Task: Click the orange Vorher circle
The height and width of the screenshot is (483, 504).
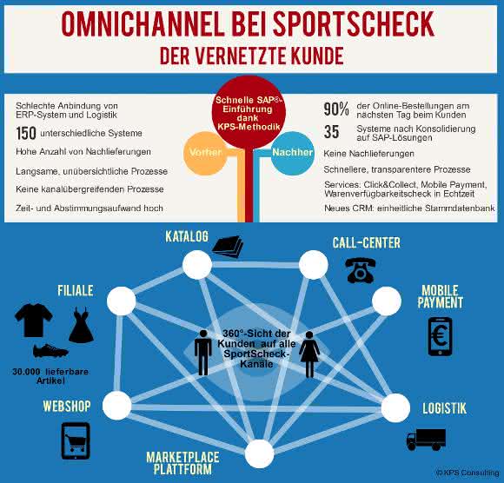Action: click(x=205, y=153)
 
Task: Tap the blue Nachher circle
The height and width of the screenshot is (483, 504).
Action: click(x=292, y=153)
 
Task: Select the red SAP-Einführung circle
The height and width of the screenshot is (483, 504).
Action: click(x=249, y=112)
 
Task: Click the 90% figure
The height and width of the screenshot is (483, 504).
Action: click(x=336, y=109)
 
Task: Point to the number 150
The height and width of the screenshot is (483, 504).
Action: click(x=26, y=134)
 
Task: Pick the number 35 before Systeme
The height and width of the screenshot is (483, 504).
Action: click(x=331, y=132)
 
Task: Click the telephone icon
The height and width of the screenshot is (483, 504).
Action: click(x=360, y=270)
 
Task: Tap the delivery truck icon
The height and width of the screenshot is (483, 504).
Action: click(x=426, y=440)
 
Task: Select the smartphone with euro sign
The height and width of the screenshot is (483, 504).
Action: click(x=440, y=336)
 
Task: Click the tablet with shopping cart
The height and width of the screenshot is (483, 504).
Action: click(x=76, y=441)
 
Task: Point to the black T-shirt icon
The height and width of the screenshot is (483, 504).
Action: click(x=33, y=320)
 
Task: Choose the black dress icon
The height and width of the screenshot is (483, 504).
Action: click(x=81, y=325)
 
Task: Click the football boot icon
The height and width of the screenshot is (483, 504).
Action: click(x=50, y=351)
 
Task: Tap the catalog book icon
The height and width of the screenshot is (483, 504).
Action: click(x=228, y=247)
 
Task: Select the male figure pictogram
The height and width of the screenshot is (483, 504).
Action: click(x=203, y=353)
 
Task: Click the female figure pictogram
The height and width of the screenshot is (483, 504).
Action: click(x=309, y=354)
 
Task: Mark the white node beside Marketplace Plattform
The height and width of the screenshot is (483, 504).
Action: click(x=259, y=453)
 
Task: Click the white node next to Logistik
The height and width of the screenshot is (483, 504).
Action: click(x=395, y=407)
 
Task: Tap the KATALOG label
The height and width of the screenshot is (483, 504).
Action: click(x=187, y=236)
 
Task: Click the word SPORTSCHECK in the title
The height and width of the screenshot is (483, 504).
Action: click(x=354, y=23)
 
